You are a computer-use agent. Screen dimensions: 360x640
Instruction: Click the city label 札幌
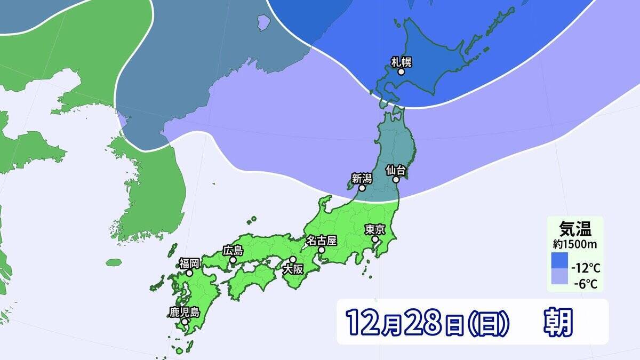(402, 62)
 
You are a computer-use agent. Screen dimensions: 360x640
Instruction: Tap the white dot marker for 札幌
(401, 71)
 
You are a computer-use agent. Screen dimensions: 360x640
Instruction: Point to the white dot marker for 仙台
(396, 180)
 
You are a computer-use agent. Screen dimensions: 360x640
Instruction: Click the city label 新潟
(362, 179)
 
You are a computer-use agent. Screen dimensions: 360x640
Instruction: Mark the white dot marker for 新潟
(362, 188)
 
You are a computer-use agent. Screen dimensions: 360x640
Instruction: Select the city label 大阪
(293, 269)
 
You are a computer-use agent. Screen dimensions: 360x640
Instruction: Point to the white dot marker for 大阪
(292, 259)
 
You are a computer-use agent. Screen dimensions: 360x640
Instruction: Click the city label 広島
(233, 250)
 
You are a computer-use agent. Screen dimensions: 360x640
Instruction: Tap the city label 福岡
(189, 263)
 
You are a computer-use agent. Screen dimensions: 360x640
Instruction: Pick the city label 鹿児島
(184, 312)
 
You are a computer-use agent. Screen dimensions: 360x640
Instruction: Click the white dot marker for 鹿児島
(184, 322)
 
